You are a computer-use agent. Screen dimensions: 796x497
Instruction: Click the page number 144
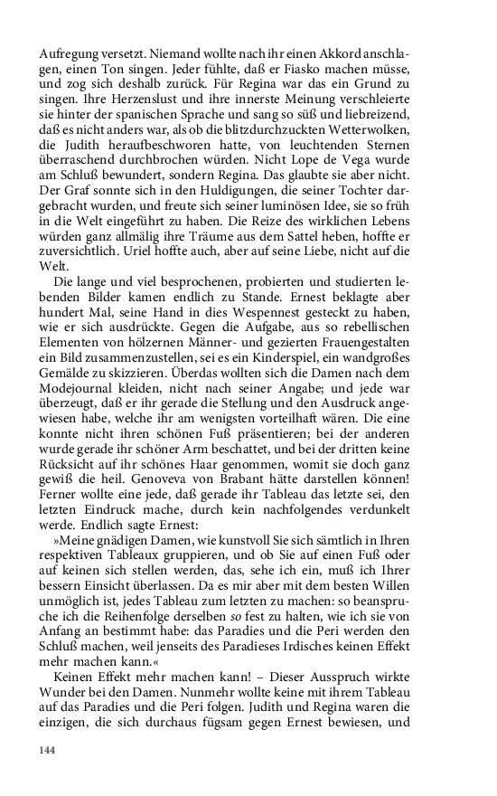click(49, 750)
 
